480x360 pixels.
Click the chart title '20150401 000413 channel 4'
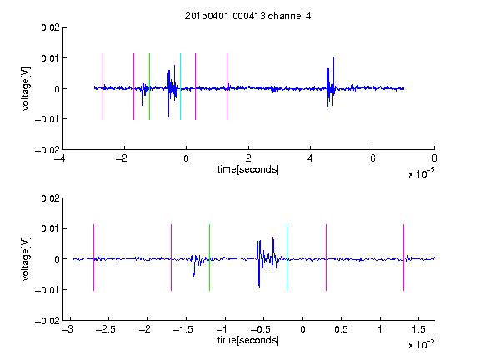click(x=248, y=16)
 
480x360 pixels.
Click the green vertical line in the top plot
click(x=149, y=87)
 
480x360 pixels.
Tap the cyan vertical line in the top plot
click(x=180, y=87)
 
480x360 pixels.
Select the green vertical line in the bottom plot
click(x=209, y=257)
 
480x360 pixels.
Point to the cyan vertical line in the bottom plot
click(x=287, y=257)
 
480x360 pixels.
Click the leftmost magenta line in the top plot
click(x=102, y=87)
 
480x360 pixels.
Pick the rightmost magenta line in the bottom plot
click(x=403, y=257)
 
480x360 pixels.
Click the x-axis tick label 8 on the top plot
click(x=434, y=158)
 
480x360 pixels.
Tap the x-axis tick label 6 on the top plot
click(x=372, y=158)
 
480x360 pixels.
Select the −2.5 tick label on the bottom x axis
click(x=106, y=329)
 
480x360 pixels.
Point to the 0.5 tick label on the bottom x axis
click(x=341, y=329)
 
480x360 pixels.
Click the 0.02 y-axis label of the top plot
click(x=50, y=27)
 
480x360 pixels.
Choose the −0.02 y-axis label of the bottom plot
click(x=47, y=321)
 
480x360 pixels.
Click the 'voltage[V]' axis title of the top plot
click(x=26, y=89)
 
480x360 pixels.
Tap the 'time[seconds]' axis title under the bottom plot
click(x=248, y=340)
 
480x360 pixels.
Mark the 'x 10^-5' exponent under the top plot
click(x=421, y=173)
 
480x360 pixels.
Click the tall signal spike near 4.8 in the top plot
click(x=333, y=81)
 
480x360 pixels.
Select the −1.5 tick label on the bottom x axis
click(x=183, y=329)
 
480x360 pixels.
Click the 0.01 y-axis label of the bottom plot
click(x=50, y=228)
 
